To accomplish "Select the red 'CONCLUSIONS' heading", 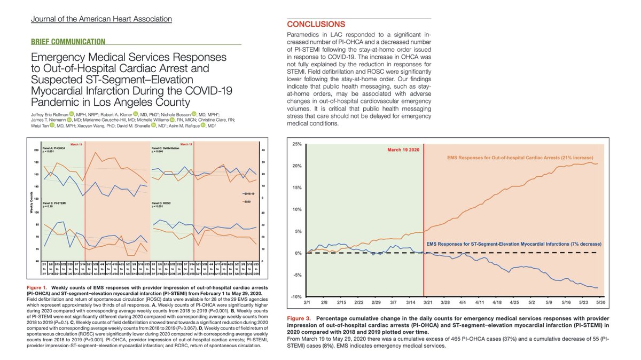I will [x=316, y=25].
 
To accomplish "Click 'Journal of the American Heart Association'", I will [x=101, y=19].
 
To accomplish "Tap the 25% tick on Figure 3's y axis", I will [x=296, y=145].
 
